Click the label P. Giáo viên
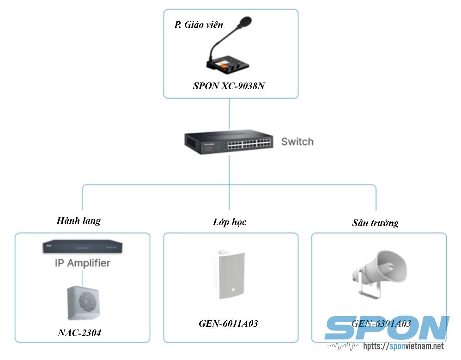coord(195,24)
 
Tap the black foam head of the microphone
coord(244,22)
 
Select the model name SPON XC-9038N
coord(229,86)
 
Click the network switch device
coord(229,143)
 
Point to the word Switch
coord(297,141)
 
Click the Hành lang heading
coord(79,220)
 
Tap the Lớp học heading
coord(230,222)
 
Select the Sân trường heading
coord(375,223)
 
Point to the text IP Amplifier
coord(82,263)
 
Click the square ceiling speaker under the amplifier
coord(83,303)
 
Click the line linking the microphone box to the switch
coord(230,113)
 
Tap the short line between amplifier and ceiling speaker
coord(82,277)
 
